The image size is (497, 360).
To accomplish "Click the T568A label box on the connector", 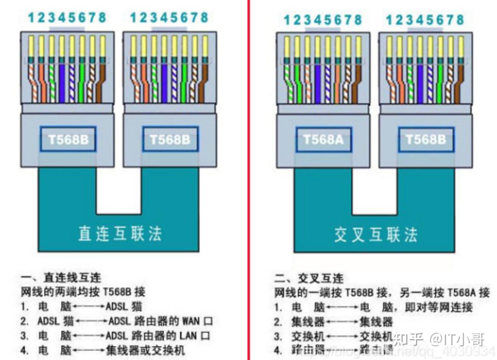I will point(323,139).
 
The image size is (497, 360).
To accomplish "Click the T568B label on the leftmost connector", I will point(68,139).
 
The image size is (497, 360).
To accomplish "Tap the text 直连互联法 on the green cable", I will point(120,233).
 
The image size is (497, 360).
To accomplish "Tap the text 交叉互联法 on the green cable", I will point(375,235).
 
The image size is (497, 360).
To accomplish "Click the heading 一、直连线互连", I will point(61,278).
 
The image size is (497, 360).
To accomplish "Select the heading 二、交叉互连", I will point(308,279).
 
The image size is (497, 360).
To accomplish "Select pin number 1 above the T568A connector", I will point(287,20).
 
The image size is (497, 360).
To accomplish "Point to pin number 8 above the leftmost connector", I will point(102,17).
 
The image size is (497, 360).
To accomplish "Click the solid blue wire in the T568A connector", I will point(317,81).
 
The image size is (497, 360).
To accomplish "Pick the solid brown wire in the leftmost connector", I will point(102,81).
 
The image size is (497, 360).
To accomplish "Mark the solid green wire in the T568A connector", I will point(297,81).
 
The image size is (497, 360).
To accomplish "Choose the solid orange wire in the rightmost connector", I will point(399,81).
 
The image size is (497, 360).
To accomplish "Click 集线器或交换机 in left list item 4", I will point(145,351).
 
